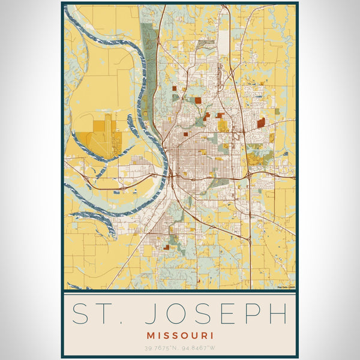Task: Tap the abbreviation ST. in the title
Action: coord(96,314)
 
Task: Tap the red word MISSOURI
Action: coord(179,335)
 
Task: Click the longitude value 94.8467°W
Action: coord(199,348)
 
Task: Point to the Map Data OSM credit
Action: coord(286,287)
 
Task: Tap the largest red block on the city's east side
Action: coord(261,122)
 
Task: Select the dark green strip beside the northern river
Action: coord(149,66)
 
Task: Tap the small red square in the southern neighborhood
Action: coord(166,247)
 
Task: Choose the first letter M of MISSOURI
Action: coord(149,335)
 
